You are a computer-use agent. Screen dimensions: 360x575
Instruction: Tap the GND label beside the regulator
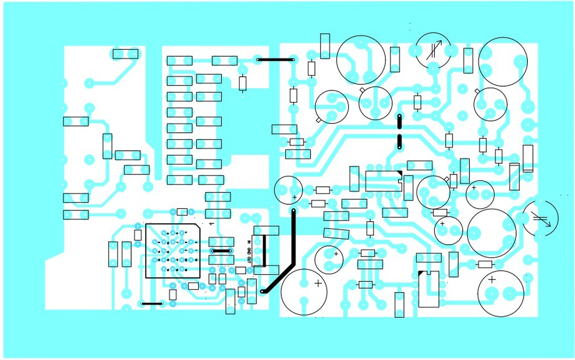(249, 250)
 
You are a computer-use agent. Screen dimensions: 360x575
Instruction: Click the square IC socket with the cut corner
(173, 250)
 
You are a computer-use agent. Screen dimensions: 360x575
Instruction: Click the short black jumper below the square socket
(152, 304)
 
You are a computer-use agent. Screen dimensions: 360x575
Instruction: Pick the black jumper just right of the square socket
(221, 251)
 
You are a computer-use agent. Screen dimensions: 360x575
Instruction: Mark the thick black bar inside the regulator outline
(264, 250)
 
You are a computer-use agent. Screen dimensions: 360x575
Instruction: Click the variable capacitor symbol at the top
(433, 50)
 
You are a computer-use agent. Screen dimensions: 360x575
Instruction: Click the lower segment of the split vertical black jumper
(399, 141)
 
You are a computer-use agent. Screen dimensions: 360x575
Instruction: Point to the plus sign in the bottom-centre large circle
(318, 283)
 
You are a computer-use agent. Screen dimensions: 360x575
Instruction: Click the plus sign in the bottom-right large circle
(492, 280)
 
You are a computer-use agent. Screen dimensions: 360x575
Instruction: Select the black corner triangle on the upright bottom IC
(421, 273)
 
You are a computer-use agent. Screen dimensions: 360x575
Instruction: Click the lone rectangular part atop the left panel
(125, 54)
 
